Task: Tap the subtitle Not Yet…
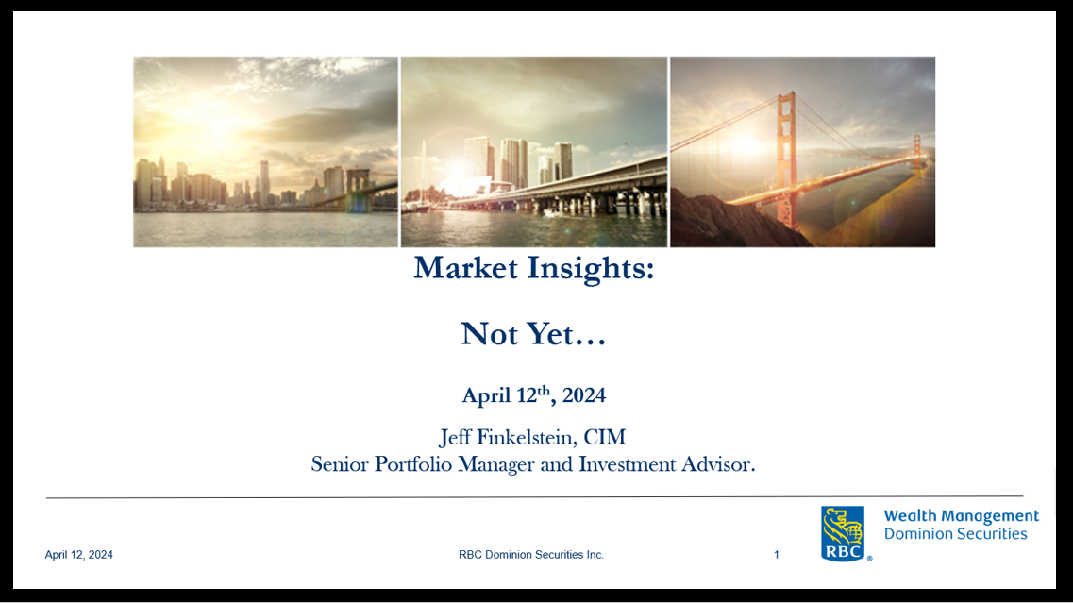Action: (533, 334)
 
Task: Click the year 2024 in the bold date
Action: (584, 395)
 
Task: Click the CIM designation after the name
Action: (605, 438)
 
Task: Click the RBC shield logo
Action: (843, 533)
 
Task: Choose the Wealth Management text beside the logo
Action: (961, 516)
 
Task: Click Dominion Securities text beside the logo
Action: (955, 534)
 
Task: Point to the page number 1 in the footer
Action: (777, 555)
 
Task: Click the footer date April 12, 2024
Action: (79, 555)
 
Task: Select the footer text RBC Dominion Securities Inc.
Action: (531, 555)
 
